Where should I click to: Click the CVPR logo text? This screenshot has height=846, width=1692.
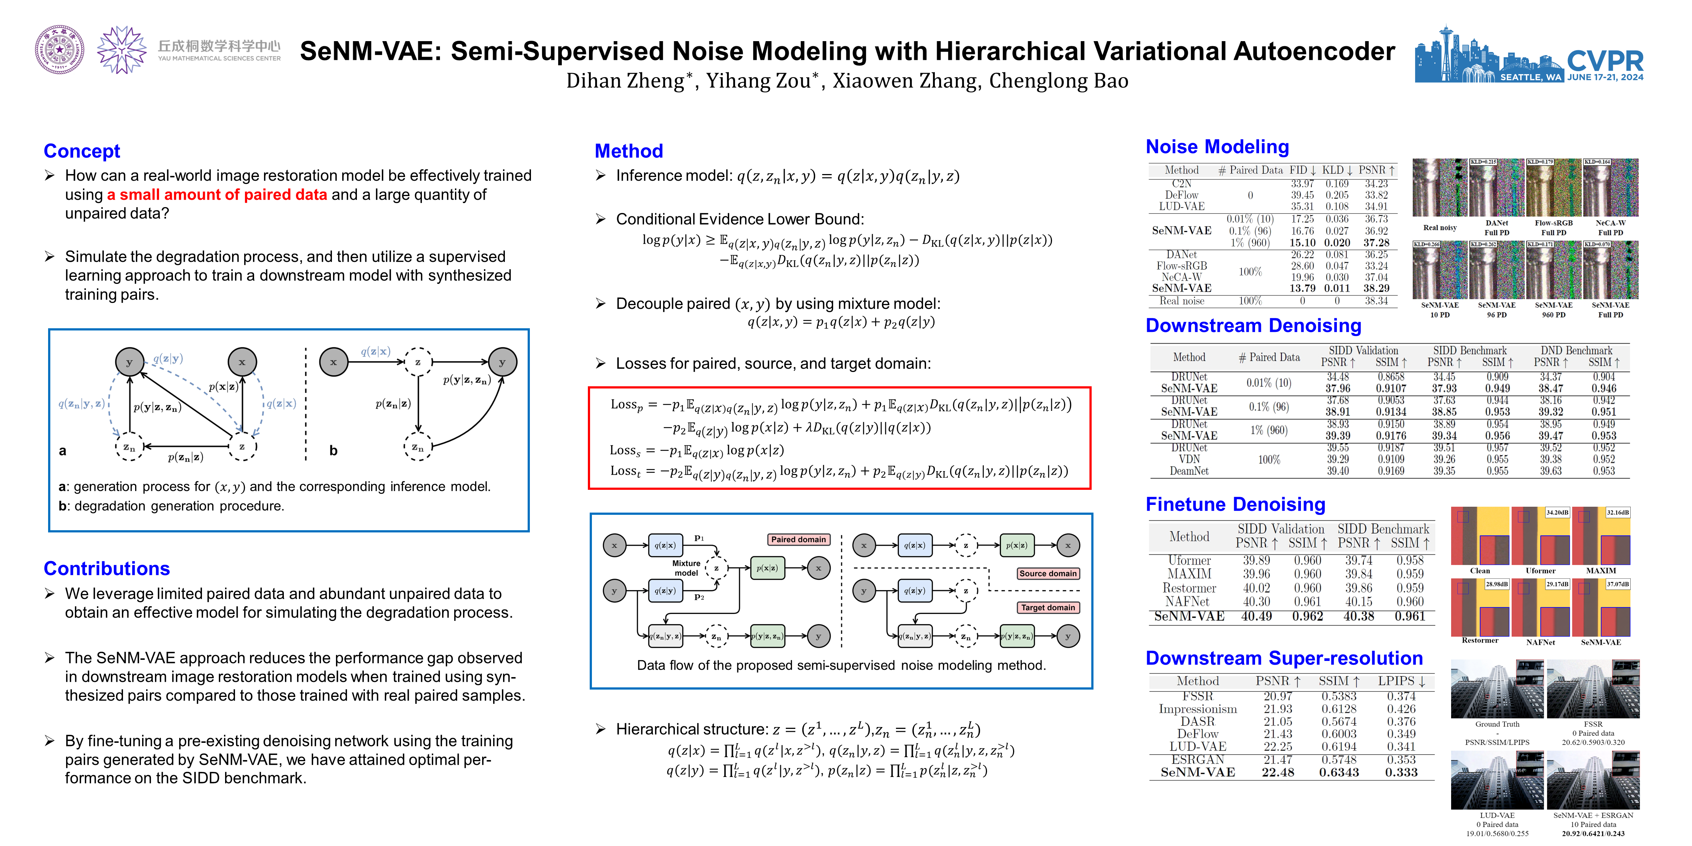tap(1605, 61)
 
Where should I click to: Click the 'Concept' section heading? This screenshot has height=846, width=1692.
tap(82, 151)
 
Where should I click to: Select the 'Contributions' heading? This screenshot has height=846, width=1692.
tap(106, 568)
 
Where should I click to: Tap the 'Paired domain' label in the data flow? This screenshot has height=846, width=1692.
tap(798, 539)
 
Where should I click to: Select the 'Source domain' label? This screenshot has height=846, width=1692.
tap(1048, 574)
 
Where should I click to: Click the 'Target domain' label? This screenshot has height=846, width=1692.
tap(1048, 608)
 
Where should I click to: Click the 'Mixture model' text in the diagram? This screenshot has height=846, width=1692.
tap(686, 568)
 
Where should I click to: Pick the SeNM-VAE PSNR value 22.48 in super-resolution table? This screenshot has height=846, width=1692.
tap(1277, 773)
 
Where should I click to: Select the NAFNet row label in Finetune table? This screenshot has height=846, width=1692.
tap(1187, 602)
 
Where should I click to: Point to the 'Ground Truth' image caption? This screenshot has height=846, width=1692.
tap(1497, 724)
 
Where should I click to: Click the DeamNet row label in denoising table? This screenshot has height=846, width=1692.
tap(1189, 471)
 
